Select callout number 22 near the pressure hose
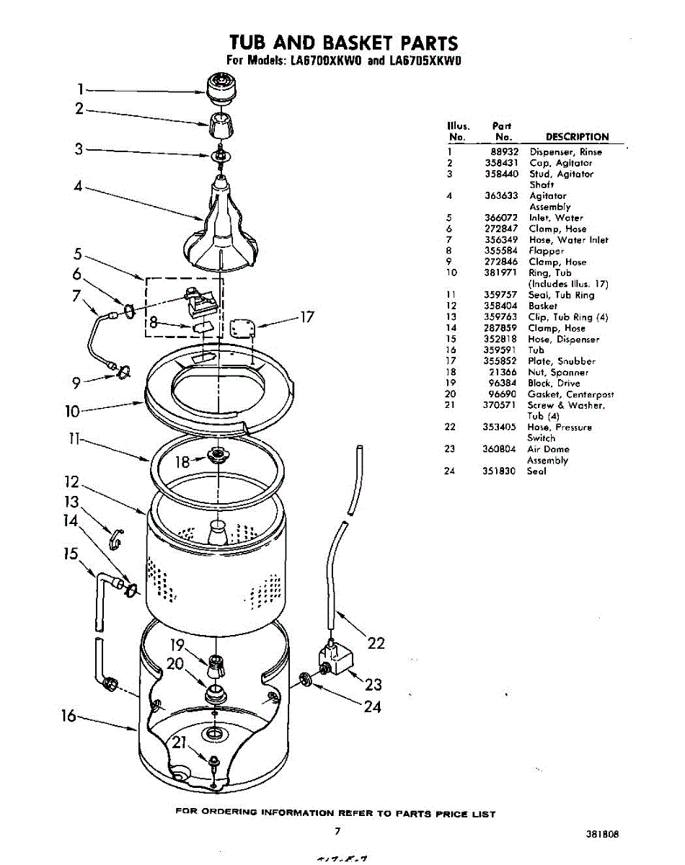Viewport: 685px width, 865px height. [376, 644]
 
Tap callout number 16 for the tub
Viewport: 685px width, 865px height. [68, 716]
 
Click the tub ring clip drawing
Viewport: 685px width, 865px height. [116, 537]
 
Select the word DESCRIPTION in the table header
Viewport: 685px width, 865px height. [577, 137]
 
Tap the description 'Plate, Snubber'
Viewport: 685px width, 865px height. [562, 361]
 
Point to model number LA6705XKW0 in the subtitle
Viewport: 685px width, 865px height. [425, 61]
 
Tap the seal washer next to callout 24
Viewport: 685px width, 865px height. [305, 678]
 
